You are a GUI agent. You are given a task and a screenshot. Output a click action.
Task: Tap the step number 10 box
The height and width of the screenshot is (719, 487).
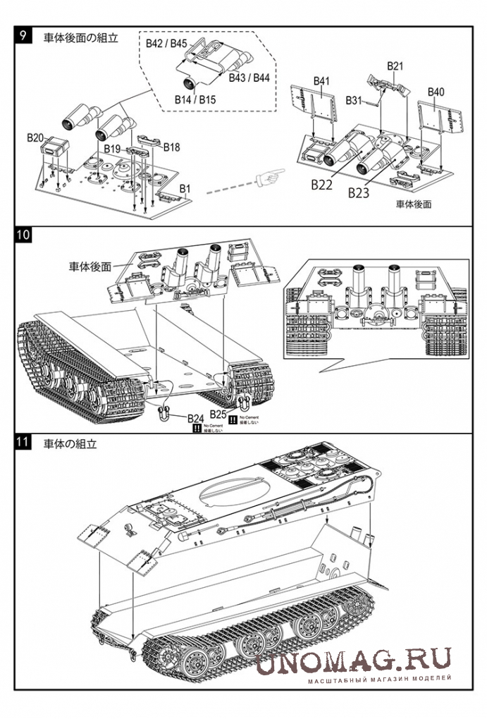click(23, 235)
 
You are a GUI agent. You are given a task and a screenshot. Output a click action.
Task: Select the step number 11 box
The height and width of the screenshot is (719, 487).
click(23, 443)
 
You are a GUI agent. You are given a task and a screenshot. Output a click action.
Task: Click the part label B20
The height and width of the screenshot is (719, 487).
click(35, 137)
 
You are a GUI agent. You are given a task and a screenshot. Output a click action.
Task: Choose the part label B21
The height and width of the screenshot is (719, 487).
click(395, 66)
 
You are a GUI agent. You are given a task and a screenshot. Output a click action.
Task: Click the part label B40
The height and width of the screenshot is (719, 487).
click(436, 92)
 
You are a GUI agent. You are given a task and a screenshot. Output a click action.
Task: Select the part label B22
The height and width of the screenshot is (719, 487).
click(321, 185)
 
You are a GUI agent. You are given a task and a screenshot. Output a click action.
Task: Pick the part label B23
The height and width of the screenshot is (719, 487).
click(358, 191)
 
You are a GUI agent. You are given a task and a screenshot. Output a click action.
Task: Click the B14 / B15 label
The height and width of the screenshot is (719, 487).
click(195, 100)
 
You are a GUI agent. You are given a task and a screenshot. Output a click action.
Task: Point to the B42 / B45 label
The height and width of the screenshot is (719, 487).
click(166, 44)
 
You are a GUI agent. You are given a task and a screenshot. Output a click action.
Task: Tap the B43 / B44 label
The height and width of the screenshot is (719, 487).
click(249, 78)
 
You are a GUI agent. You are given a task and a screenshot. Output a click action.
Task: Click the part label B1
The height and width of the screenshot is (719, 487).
click(185, 189)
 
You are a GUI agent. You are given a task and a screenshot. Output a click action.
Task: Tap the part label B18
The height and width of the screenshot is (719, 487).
click(171, 147)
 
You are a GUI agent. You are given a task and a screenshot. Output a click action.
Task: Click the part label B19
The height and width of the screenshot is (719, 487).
click(113, 149)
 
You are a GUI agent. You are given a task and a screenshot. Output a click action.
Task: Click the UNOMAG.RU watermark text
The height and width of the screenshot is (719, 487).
click(352, 663)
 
